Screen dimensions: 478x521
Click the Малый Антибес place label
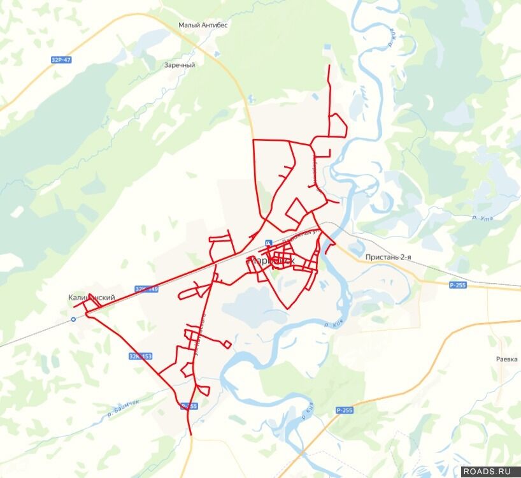[203, 25]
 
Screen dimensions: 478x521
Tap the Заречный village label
[180, 65]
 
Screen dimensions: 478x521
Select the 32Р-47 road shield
[61, 59]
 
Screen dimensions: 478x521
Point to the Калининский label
[92, 298]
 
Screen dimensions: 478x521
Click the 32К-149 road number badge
[146, 289]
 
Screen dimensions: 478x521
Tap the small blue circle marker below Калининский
[73, 319]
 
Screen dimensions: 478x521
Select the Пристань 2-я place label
[388, 257]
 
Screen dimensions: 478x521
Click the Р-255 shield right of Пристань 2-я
[457, 285]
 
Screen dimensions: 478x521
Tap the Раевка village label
[507, 359]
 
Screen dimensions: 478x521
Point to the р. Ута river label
[482, 219]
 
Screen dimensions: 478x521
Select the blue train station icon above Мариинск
[269, 243]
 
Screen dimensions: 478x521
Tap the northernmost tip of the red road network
[329, 65]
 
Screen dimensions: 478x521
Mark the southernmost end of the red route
[191, 435]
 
